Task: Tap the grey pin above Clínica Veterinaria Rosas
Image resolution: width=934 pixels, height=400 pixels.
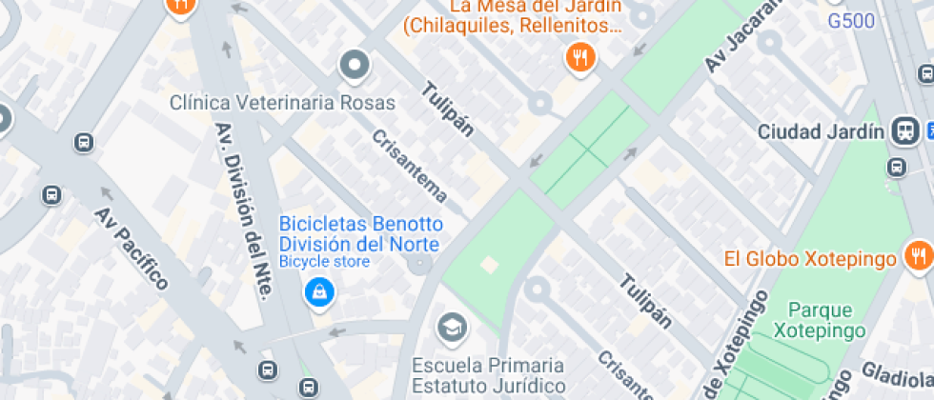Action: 355,66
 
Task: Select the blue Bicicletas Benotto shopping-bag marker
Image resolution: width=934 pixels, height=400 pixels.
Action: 318,291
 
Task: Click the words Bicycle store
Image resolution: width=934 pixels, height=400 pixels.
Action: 323,261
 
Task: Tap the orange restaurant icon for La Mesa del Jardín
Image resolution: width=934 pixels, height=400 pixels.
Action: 579,58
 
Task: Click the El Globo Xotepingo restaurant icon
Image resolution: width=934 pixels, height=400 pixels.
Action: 919,255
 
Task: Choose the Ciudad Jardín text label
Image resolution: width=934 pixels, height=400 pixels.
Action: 821,132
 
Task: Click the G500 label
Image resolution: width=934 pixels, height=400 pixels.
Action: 851,21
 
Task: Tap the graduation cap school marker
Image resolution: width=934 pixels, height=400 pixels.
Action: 452,330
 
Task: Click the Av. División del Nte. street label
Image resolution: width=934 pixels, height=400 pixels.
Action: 239,211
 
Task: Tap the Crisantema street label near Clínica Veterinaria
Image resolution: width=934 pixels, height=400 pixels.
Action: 410,165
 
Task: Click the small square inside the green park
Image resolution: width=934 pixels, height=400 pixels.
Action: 490,264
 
